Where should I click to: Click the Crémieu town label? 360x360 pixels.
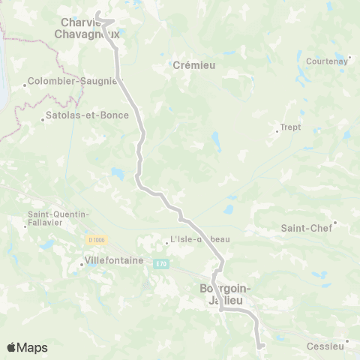tap(194, 65)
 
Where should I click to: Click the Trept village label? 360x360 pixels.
tap(290, 127)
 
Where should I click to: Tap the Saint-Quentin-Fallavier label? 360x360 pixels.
tap(58, 218)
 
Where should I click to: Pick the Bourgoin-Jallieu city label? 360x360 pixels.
tap(226, 294)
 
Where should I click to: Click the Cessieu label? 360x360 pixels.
tap(325, 346)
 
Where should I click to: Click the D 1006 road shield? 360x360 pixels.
tap(95, 240)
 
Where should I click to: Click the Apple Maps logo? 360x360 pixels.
tap(27, 347)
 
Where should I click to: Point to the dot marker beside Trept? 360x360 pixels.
tap(277, 132)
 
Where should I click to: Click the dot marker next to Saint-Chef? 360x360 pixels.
tap(335, 222)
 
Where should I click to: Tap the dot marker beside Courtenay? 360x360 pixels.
tap(349, 57)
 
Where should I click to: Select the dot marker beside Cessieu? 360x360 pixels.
tap(347, 341)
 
